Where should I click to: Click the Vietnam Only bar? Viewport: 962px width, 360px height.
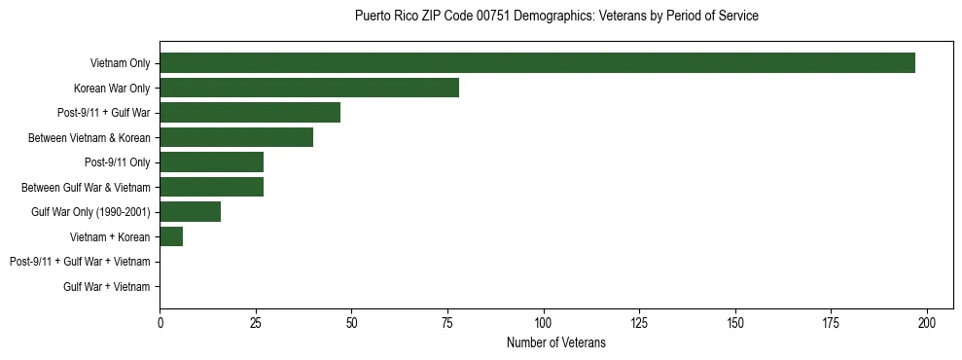click(537, 63)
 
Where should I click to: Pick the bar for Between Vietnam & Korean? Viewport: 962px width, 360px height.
click(236, 138)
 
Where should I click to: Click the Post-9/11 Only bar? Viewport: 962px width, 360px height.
click(211, 162)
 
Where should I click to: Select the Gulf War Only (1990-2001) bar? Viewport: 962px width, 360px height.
click(191, 212)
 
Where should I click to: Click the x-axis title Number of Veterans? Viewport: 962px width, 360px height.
click(556, 342)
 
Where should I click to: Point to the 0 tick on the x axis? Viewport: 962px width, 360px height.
click(160, 323)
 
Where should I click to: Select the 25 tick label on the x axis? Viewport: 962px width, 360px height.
click(256, 323)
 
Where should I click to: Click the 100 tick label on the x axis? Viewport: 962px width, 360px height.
click(544, 323)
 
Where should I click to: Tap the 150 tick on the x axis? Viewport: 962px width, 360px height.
click(735, 323)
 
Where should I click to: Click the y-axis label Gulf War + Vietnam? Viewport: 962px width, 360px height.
click(107, 287)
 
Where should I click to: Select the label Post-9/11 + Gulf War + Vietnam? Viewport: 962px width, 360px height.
click(80, 262)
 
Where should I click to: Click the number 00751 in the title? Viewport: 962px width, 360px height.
click(491, 17)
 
